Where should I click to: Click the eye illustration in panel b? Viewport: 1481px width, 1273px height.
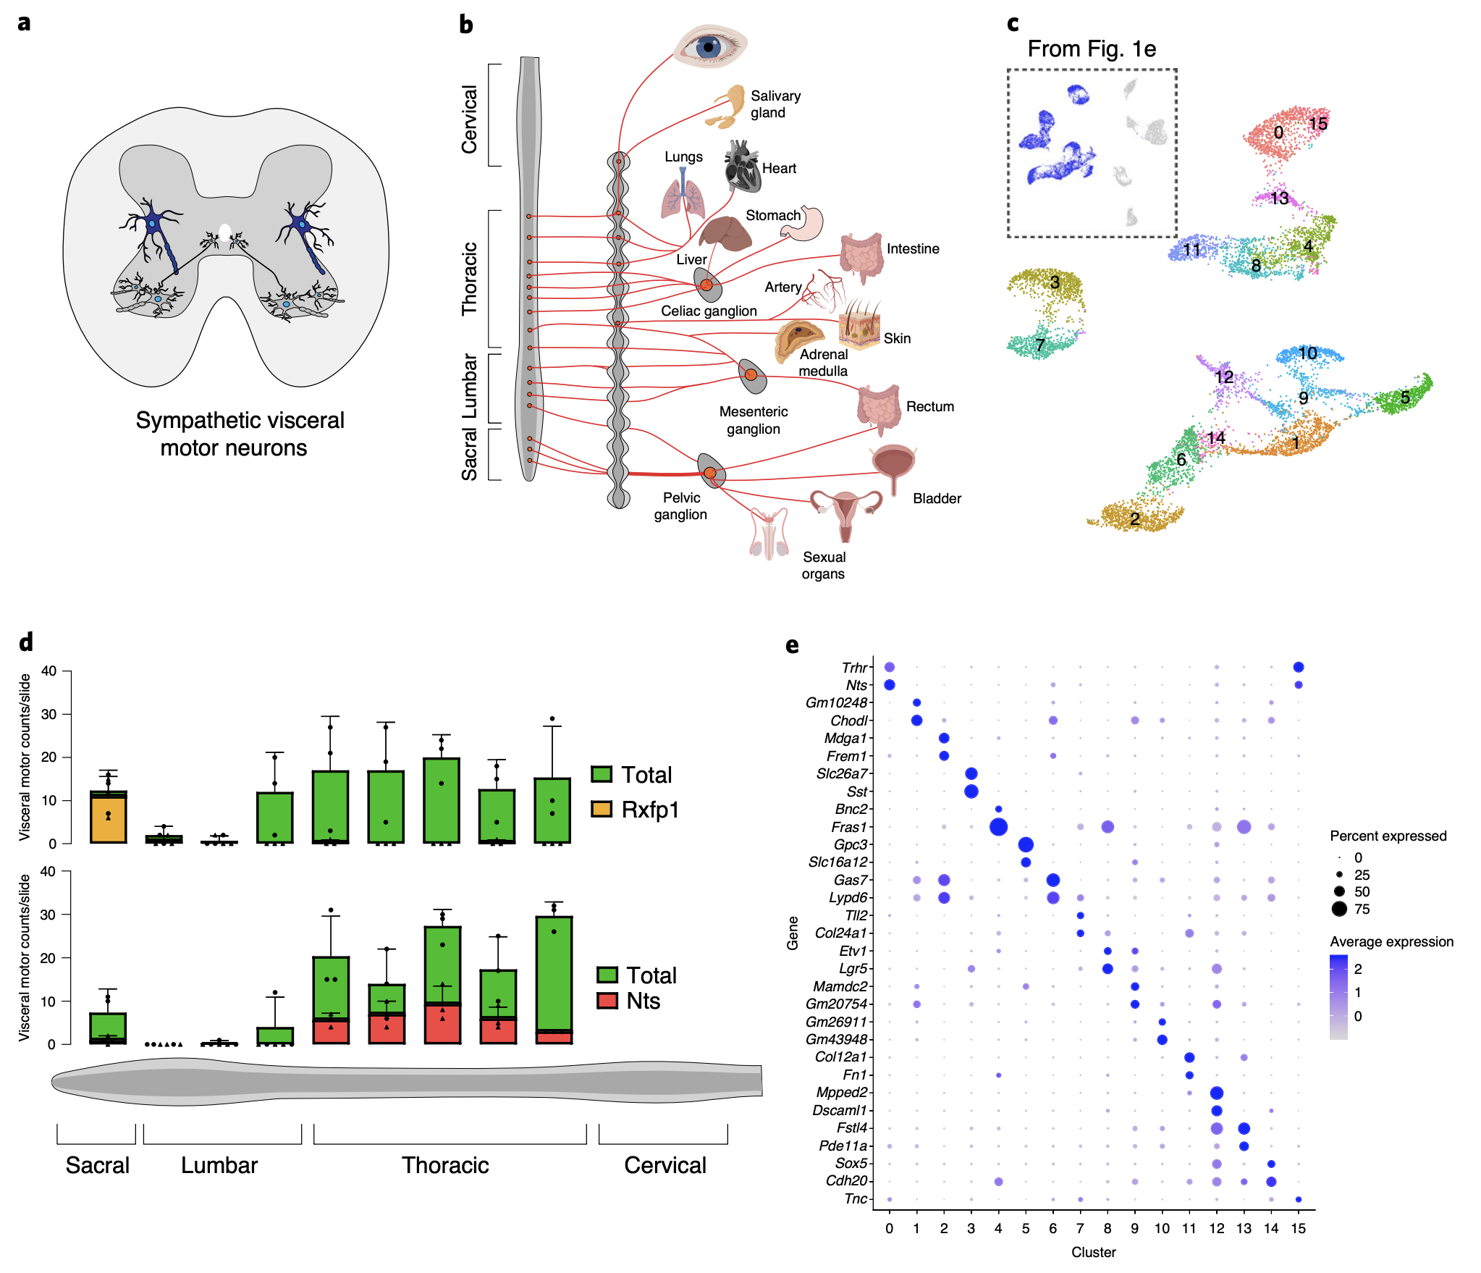[709, 46]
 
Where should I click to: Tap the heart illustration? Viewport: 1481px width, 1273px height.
[742, 167]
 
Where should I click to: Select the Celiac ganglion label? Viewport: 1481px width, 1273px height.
[709, 311]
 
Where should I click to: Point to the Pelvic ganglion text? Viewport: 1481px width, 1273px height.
[680, 506]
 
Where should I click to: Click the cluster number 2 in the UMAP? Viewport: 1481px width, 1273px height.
[1134, 518]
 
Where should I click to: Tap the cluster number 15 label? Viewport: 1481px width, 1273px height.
[1317, 124]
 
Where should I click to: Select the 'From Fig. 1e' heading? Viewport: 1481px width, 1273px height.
[1092, 49]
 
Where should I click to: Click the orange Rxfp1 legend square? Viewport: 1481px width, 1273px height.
[602, 809]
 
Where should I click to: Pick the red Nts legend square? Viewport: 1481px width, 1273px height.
[607, 1001]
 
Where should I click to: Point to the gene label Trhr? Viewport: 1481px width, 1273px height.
[854, 668]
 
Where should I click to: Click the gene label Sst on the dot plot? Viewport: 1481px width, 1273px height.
[856, 791]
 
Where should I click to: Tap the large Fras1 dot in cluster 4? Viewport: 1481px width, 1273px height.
[998, 826]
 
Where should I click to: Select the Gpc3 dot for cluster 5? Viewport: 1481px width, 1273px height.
[1026, 844]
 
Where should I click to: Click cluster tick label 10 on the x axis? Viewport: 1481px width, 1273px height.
[1162, 1228]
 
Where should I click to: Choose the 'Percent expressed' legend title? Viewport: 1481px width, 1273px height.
[1388, 836]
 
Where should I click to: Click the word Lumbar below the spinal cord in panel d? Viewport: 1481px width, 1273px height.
[219, 1165]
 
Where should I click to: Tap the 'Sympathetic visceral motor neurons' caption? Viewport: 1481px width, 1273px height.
[240, 434]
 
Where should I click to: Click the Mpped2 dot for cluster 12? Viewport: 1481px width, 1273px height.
[1216, 1093]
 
